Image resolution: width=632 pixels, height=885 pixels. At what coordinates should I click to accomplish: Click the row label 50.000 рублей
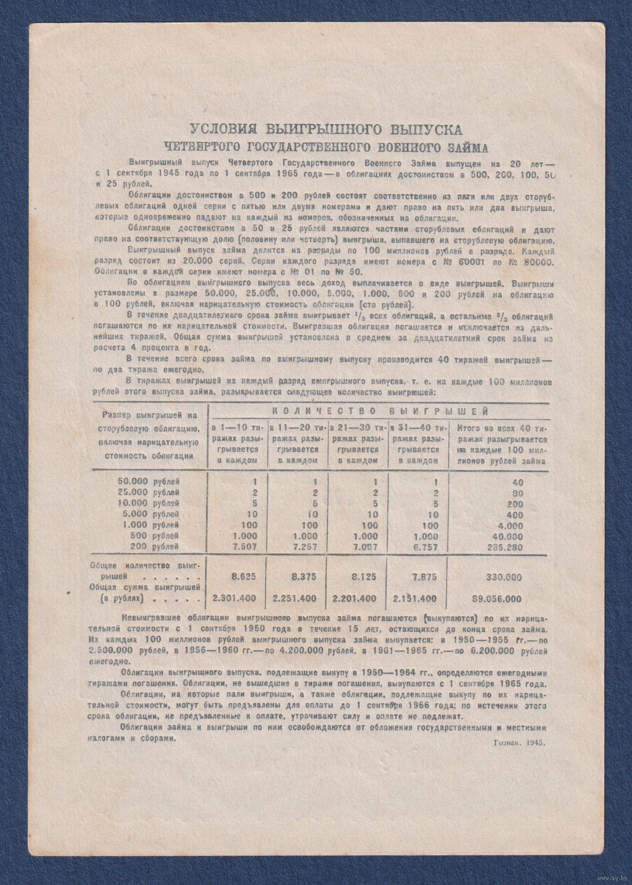(x=140, y=481)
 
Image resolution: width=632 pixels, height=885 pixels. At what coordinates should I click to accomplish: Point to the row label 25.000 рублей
(x=140, y=492)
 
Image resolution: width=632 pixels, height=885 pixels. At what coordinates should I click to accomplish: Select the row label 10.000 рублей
(x=140, y=503)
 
